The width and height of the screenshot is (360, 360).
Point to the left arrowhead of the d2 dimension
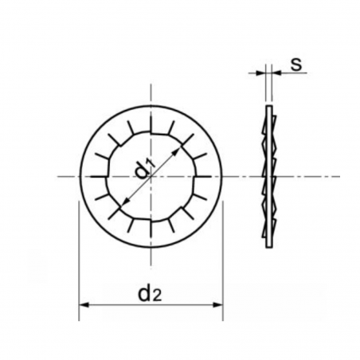(83, 305)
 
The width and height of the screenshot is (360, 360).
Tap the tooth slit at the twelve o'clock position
(151, 119)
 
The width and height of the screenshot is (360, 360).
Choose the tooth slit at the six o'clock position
(151, 232)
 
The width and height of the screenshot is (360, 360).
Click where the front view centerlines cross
(151, 176)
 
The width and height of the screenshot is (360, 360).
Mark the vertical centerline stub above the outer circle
(151, 93)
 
